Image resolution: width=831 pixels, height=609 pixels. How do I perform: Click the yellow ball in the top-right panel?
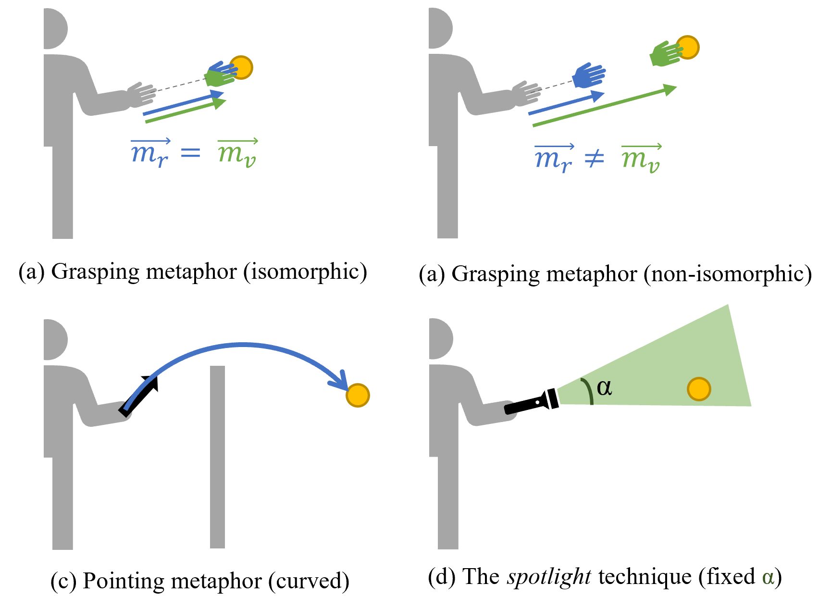(688, 47)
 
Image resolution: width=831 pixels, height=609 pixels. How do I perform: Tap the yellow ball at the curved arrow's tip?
(358, 395)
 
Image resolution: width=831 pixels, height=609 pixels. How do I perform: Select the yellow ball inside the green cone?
(699, 389)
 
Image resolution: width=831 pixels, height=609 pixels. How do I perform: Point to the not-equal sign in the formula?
(594, 159)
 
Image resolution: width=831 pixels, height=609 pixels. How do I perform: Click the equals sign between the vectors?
(190, 153)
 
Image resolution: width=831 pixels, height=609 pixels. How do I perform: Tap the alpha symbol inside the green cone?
(604, 387)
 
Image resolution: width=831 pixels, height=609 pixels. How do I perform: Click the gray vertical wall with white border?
(217, 457)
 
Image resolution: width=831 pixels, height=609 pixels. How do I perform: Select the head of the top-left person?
(54, 29)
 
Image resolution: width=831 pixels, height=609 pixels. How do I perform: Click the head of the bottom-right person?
(440, 338)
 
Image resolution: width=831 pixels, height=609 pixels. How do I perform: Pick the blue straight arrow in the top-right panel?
(565, 104)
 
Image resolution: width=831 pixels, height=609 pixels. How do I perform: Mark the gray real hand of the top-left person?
(141, 95)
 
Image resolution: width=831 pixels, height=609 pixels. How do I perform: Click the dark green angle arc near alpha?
(588, 390)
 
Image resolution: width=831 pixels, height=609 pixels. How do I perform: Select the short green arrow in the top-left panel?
(185, 111)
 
